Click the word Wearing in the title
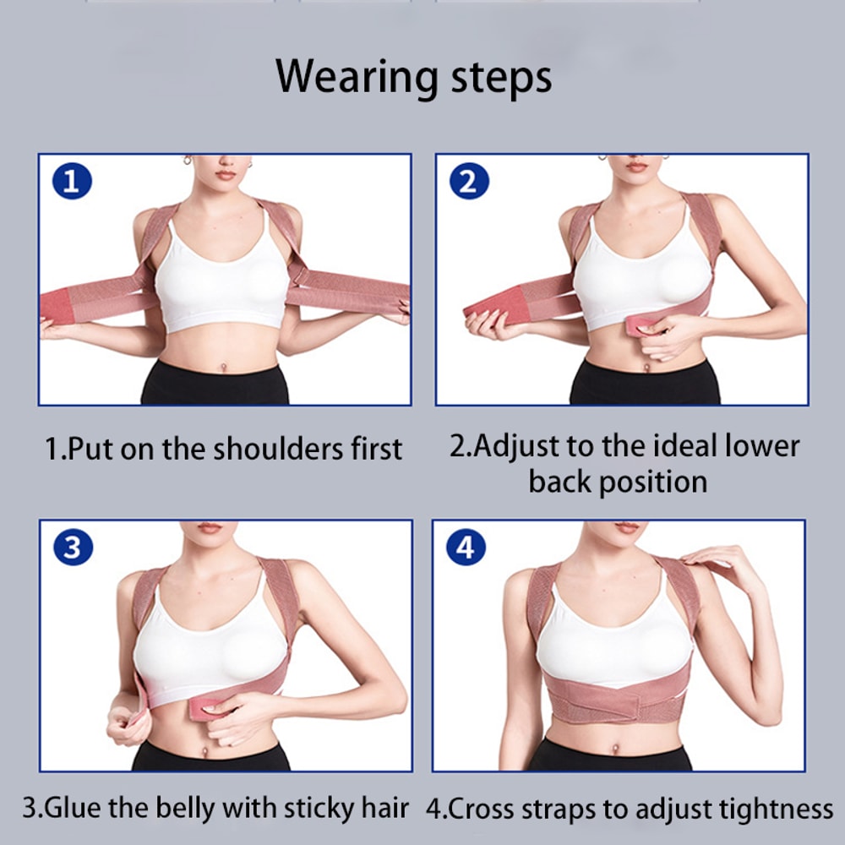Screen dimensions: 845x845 click(x=355, y=78)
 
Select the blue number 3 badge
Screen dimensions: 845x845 click(x=73, y=548)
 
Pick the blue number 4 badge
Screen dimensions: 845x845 click(x=466, y=548)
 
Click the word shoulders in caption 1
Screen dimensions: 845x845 click(x=278, y=449)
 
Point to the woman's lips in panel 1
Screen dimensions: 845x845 click(x=226, y=174)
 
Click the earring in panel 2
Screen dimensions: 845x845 click(x=602, y=157)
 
